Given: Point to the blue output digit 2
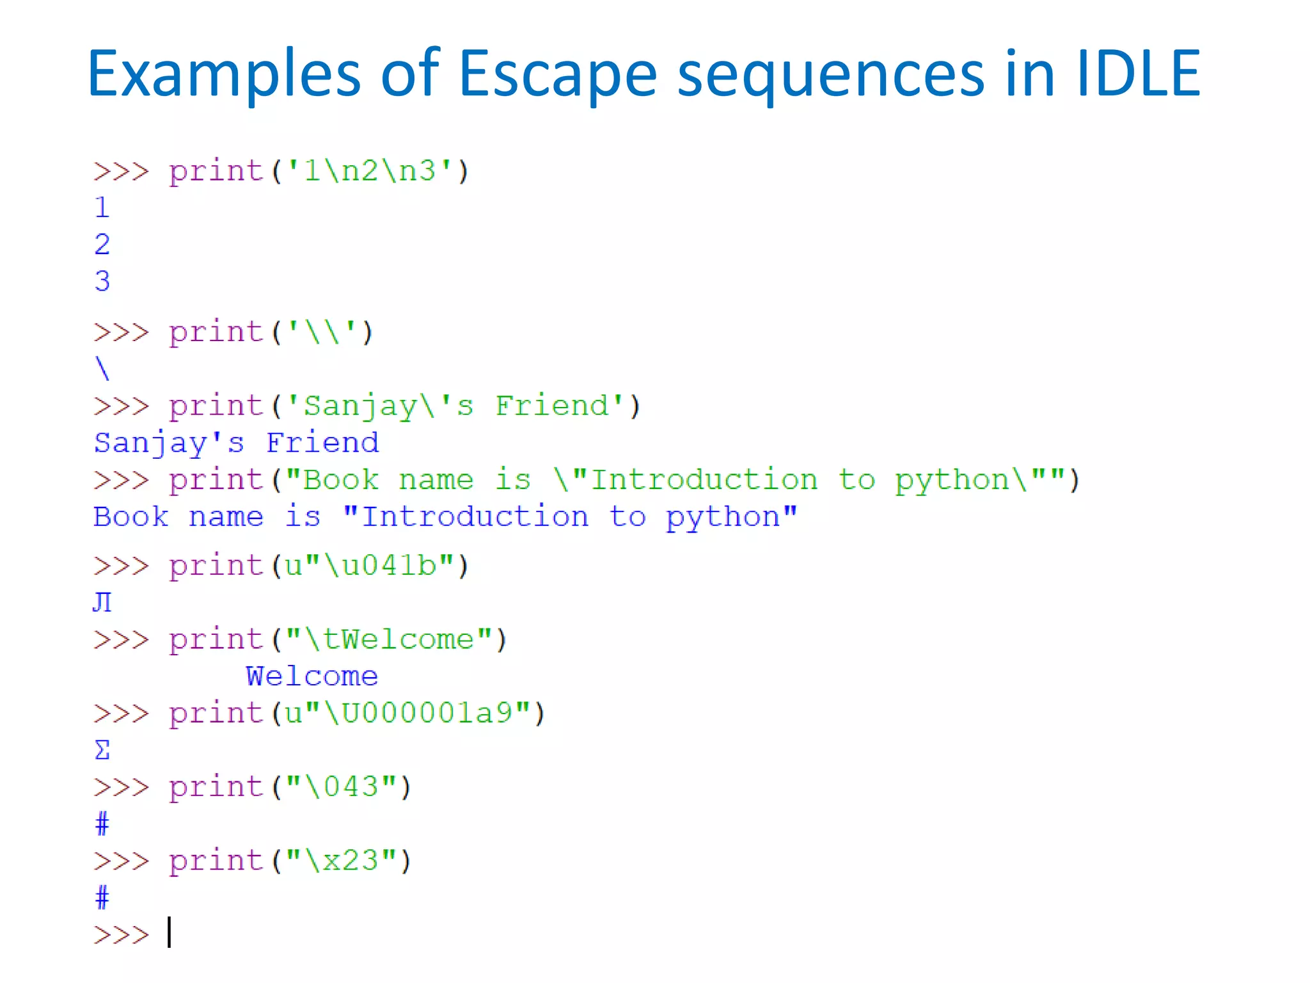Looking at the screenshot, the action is coord(102,244).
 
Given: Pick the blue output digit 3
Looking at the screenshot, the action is coord(102,281).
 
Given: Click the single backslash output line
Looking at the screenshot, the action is coord(102,369).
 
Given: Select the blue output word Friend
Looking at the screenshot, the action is coord(322,443).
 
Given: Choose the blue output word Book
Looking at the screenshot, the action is coord(131,517).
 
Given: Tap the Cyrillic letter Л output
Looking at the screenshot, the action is coord(102,602).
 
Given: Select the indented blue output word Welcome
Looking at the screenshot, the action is coord(312,676).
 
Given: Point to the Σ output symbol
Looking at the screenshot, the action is coord(102,750).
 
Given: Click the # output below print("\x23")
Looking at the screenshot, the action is coord(102,897).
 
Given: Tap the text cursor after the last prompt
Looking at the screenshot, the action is coord(170,932).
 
